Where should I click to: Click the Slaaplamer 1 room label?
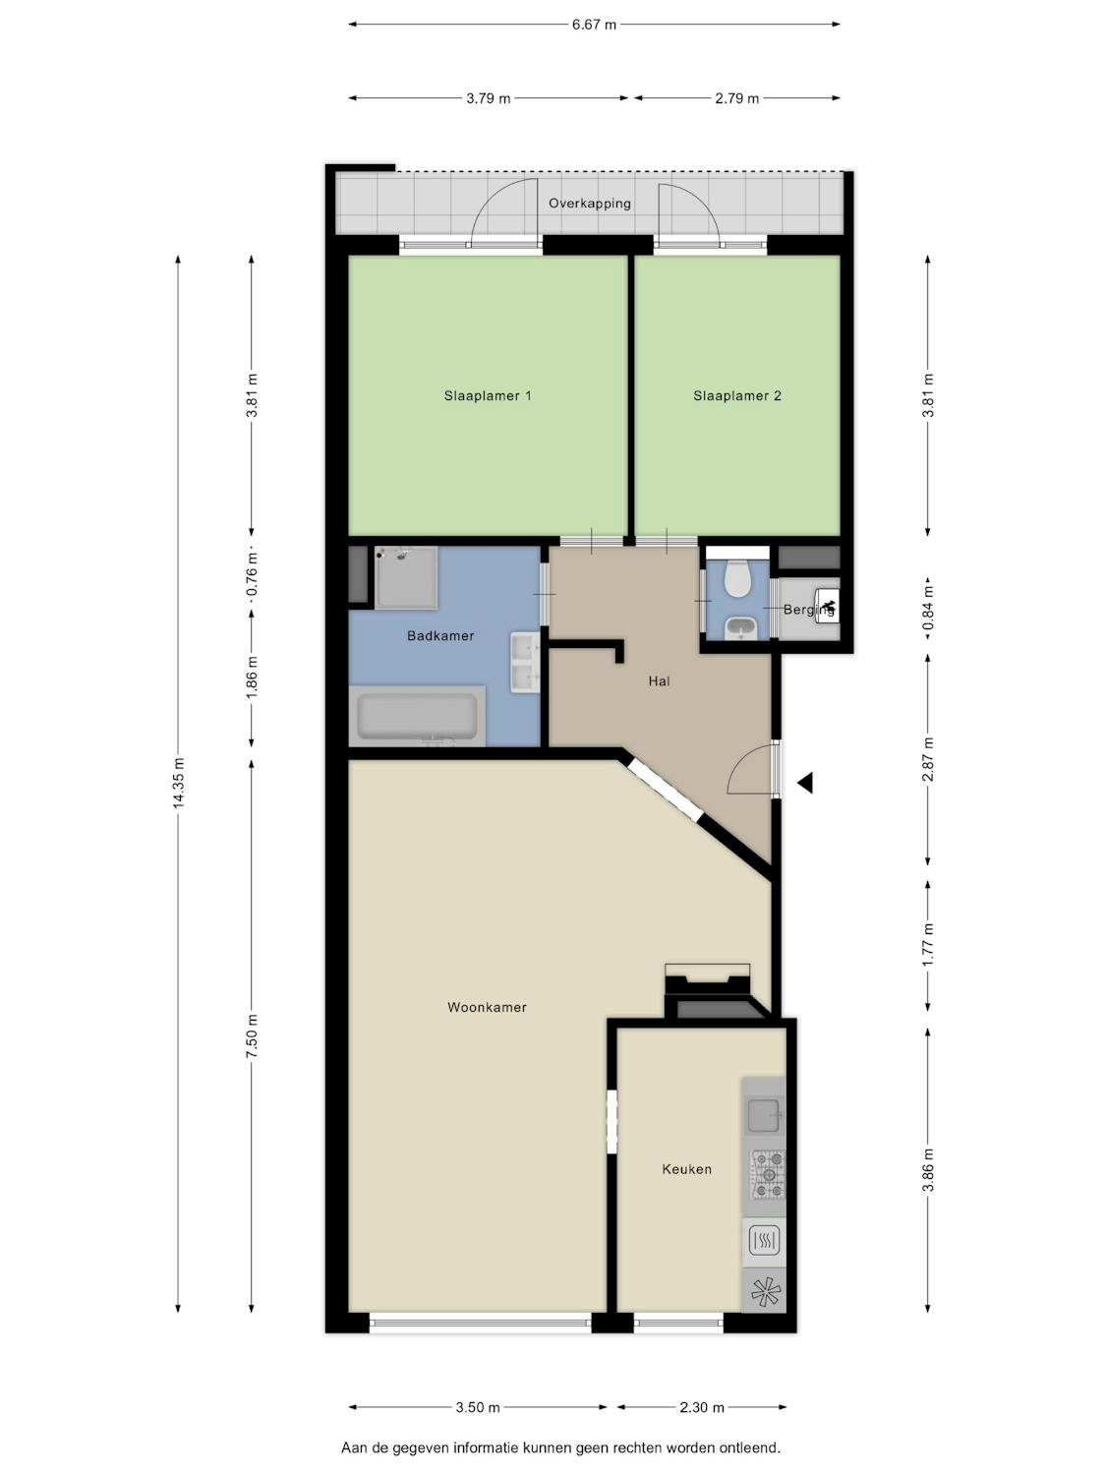(488, 396)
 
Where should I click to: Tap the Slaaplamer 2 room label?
(737, 396)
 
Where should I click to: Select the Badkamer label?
(440, 635)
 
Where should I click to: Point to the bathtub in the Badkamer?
(417, 716)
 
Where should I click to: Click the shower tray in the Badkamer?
(406, 578)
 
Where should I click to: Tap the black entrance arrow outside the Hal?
(805, 782)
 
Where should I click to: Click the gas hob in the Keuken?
(767, 1175)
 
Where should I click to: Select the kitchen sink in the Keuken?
(764, 1115)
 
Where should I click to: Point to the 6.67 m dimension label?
(595, 25)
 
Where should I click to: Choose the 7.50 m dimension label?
(252, 1036)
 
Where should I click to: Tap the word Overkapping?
(590, 203)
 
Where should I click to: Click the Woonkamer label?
(487, 1007)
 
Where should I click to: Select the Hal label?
(659, 681)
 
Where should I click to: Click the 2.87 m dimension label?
(928, 759)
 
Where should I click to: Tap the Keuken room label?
(686, 1169)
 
